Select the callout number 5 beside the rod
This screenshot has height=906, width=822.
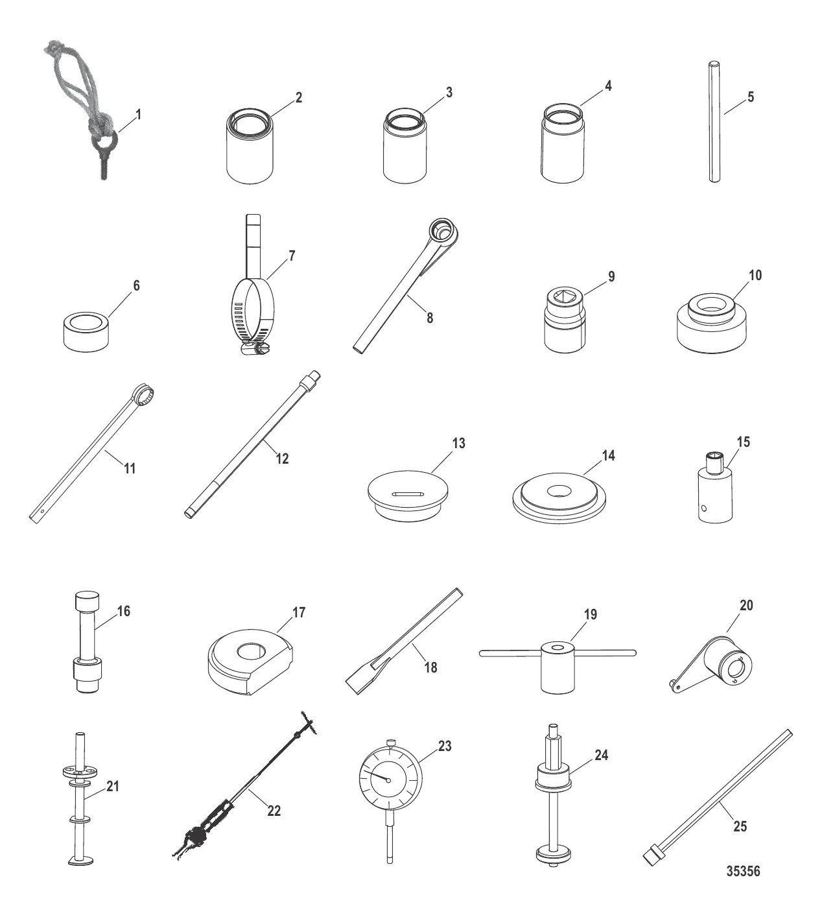pyautogui.click(x=751, y=97)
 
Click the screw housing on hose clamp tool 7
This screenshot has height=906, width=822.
pyautogui.click(x=255, y=349)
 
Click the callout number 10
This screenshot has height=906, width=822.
pyautogui.click(x=755, y=275)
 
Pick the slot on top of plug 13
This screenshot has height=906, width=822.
pyautogui.click(x=408, y=494)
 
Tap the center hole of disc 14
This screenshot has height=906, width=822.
pyautogui.click(x=559, y=490)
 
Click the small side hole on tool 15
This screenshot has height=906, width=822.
pyautogui.click(x=703, y=508)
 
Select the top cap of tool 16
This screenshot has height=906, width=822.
pyautogui.click(x=87, y=602)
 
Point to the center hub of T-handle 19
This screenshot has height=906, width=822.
pyautogui.click(x=558, y=666)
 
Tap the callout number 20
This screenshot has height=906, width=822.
pyautogui.click(x=746, y=605)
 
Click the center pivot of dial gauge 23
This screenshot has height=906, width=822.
pyautogui.click(x=388, y=780)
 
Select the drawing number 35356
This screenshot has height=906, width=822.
pyautogui.click(x=743, y=871)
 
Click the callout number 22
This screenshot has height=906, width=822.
pyautogui.click(x=274, y=811)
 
